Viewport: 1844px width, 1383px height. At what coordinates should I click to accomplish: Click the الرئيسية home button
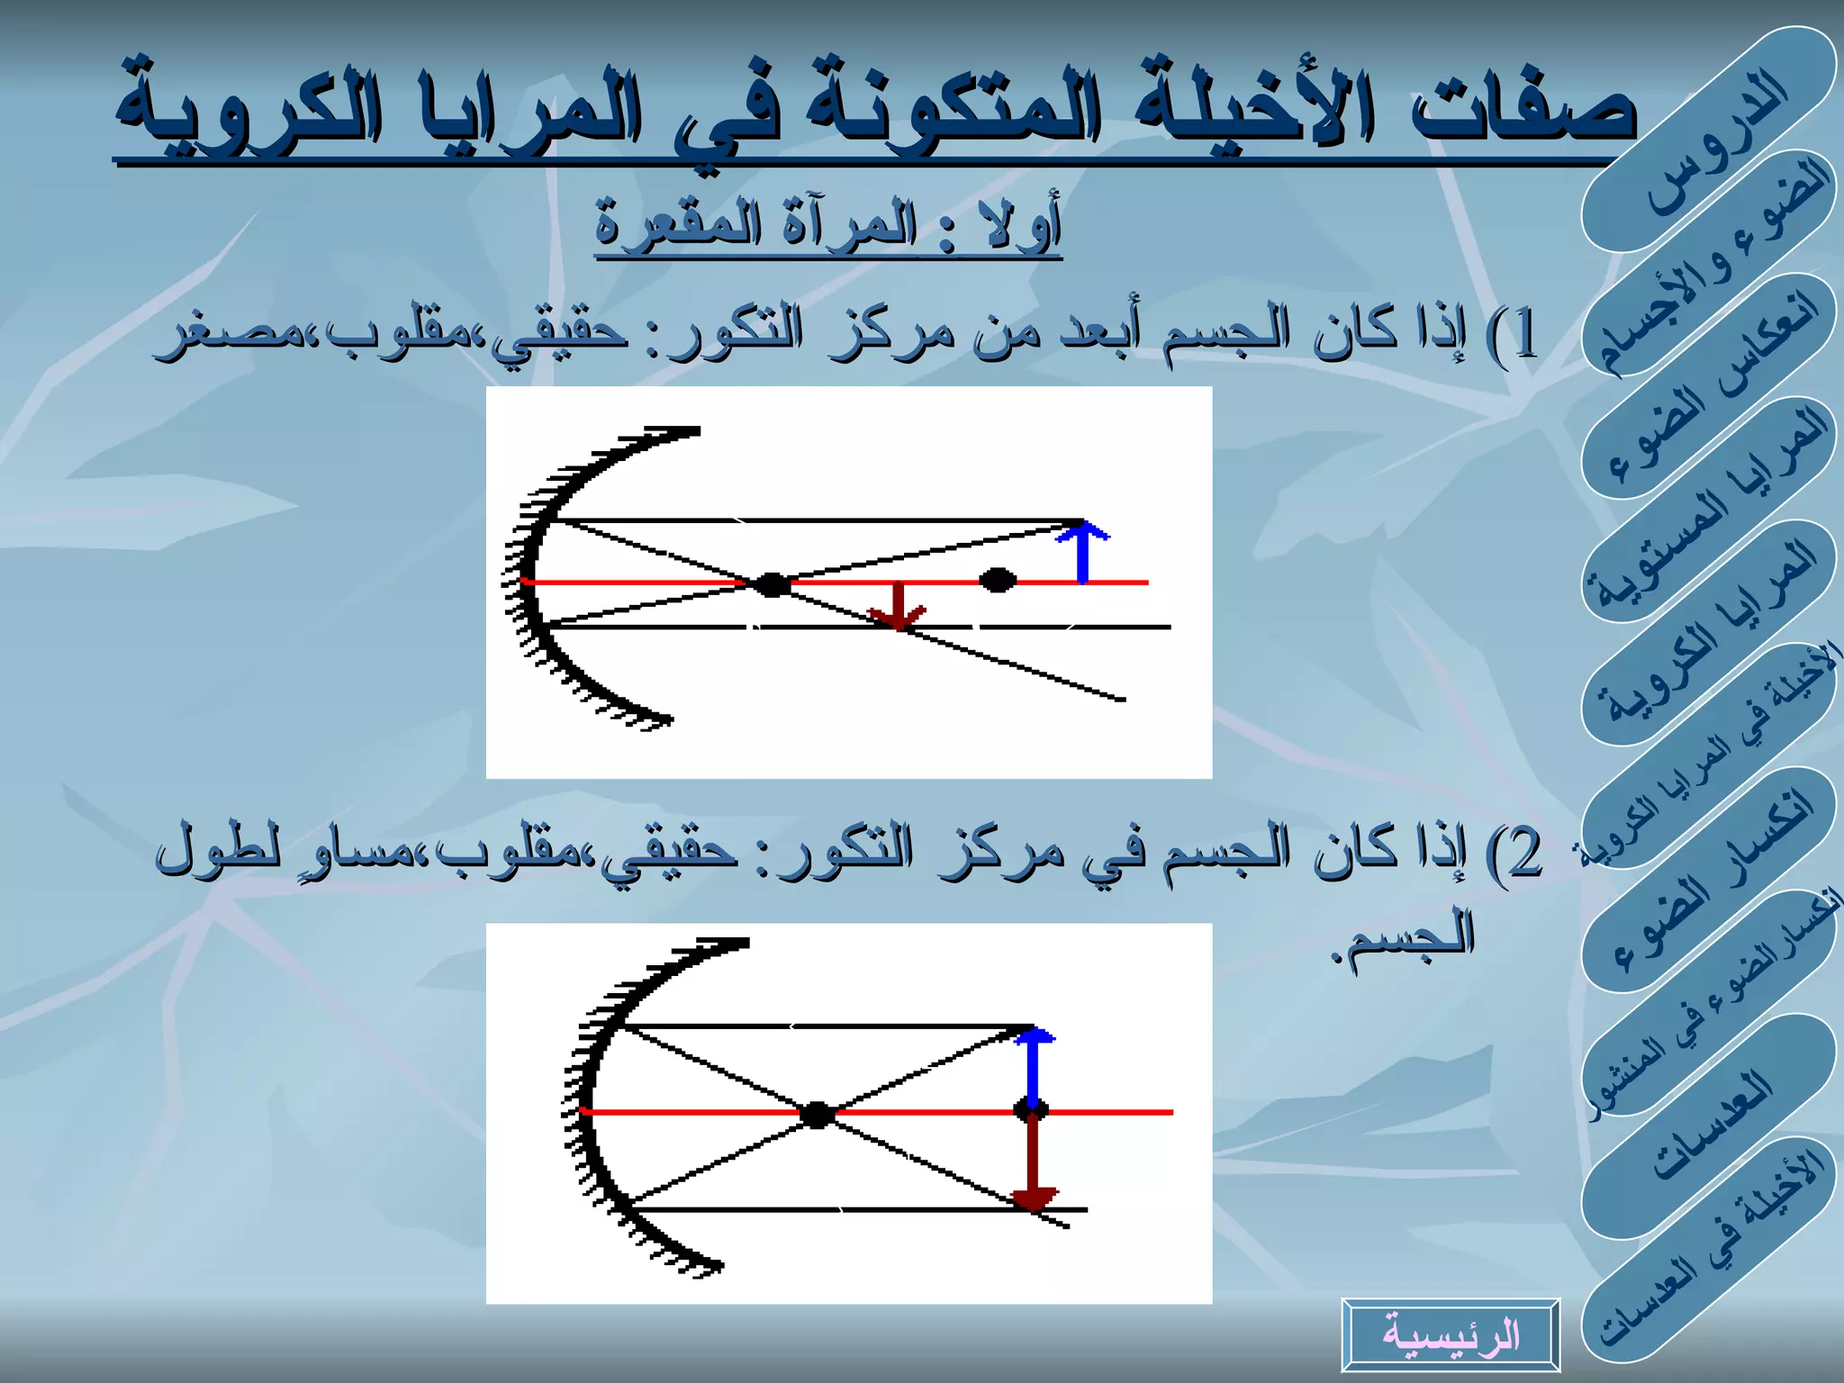point(1451,1334)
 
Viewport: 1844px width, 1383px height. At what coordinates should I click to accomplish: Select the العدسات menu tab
point(1711,1125)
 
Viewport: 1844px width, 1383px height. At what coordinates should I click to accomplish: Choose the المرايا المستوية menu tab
point(1711,509)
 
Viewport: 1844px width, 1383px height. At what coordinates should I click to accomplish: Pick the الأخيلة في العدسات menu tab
point(1711,1252)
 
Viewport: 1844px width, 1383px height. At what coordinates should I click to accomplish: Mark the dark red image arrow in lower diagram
point(1034,1162)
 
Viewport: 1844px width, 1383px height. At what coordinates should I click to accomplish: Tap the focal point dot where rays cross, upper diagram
point(772,585)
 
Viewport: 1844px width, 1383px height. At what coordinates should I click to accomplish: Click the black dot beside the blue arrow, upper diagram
point(997,581)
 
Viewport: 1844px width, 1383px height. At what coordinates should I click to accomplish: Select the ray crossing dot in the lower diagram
point(817,1115)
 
